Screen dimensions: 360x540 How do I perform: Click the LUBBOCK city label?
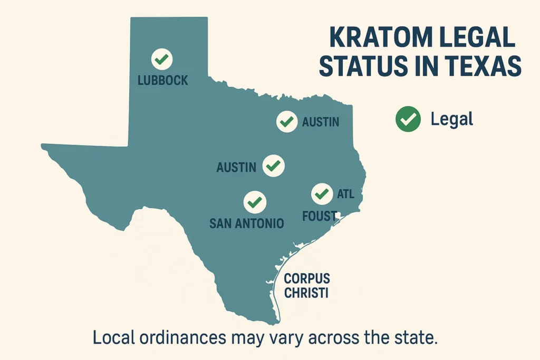pos(162,81)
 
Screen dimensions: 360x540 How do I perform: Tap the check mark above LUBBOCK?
pos(162,59)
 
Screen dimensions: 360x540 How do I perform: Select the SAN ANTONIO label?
pos(247,223)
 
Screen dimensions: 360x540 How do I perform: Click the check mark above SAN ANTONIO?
pos(255,201)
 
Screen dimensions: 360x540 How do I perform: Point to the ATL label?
pos(345,194)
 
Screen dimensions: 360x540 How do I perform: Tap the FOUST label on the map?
pos(320,216)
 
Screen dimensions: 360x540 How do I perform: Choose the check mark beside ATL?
pos(321,194)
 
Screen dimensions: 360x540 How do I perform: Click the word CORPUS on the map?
pos(306,279)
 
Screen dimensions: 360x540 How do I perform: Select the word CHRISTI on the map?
pos(306,293)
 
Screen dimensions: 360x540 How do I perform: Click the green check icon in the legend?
pos(408,119)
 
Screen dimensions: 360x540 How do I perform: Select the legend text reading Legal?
pos(452,119)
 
